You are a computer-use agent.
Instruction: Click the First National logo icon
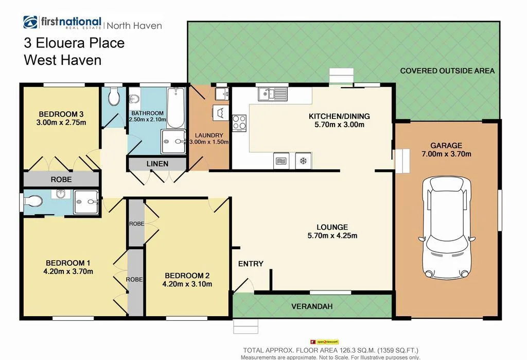pyautogui.click(x=30, y=23)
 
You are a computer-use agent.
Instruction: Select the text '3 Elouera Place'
pyautogui.click(x=74, y=42)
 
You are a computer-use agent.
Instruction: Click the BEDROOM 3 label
pyautogui.click(x=61, y=114)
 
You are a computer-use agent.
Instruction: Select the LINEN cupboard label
pyautogui.click(x=157, y=164)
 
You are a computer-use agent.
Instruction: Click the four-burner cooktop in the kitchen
pyautogui.click(x=239, y=122)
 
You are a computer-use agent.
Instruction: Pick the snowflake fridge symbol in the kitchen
pyautogui.click(x=303, y=161)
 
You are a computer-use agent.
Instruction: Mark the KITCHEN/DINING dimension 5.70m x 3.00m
pyautogui.click(x=339, y=125)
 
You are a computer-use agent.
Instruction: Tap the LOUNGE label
pyautogui.click(x=332, y=227)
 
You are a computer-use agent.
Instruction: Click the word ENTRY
pyautogui.click(x=251, y=264)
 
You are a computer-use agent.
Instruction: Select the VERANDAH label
pyautogui.click(x=312, y=306)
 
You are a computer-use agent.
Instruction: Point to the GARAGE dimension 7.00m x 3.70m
pyautogui.click(x=446, y=153)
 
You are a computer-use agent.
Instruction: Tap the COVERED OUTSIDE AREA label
pyautogui.click(x=447, y=71)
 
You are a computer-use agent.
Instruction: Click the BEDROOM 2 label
pyautogui.click(x=187, y=275)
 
